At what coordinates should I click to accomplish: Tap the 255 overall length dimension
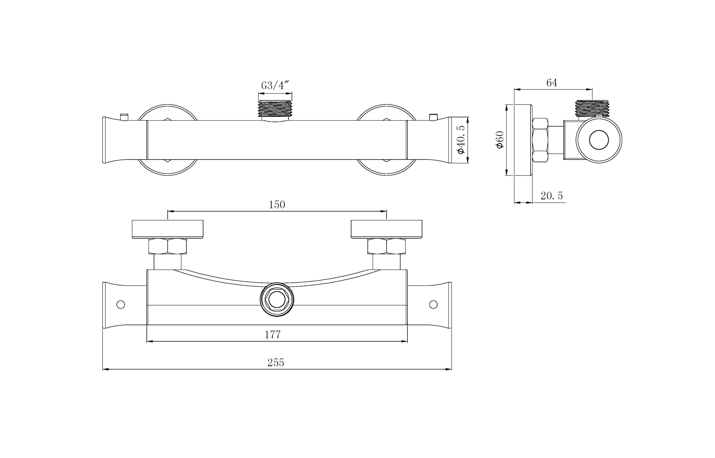[x=276, y=363]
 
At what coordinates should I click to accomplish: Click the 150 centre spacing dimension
[x=277, y=205]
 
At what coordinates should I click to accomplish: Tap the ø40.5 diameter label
[x=461, y=140]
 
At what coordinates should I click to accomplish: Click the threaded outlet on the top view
[x=275, y=109]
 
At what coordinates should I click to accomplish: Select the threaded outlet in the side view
[x=592, y=108]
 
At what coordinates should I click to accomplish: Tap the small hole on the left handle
[x=121, y=304]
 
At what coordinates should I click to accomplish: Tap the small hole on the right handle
[x=433, y=304]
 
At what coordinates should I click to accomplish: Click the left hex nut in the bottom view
[x=168, y=246]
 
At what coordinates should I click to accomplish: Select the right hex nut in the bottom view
[x=386, y=246]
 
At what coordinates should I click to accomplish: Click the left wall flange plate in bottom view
[x=168, y=229]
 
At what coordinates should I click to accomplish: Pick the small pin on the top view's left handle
[x=124, y=117]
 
